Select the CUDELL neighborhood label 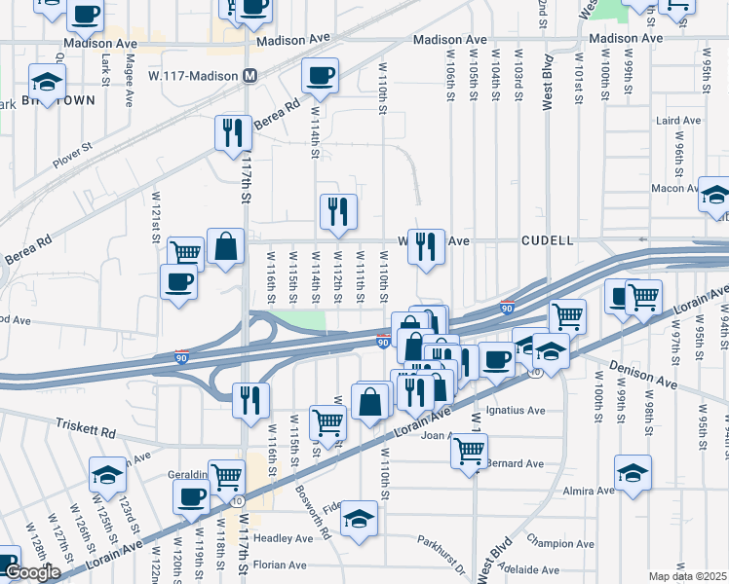(x=548, y=239)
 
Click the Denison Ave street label (x=644, y=369)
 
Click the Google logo (x=32, y=571)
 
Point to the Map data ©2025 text (x=687, y=576)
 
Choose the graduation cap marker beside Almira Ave (x=633, y=471)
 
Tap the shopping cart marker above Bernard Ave (x=470, y=450)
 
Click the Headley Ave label (x=284, y=538)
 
